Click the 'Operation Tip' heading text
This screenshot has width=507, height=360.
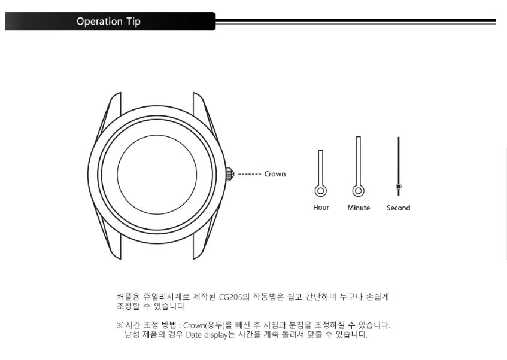point(108,22)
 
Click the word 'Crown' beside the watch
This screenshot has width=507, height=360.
point(275,174)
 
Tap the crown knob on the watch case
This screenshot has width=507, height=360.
point(230,174)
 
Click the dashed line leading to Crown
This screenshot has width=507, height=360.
point(249,174)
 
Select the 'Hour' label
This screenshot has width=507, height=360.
point(321,208)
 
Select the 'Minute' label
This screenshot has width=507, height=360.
point(359,208)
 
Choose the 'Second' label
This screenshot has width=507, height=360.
point(399,208)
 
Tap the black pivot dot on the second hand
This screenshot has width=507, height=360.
point(399,187)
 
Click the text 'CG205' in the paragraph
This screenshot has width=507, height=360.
point(230,297)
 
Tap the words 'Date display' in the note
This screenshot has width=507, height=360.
point(207,335)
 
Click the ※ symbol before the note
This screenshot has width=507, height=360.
point(120,325)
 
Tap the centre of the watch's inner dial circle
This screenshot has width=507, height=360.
point(157,175)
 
